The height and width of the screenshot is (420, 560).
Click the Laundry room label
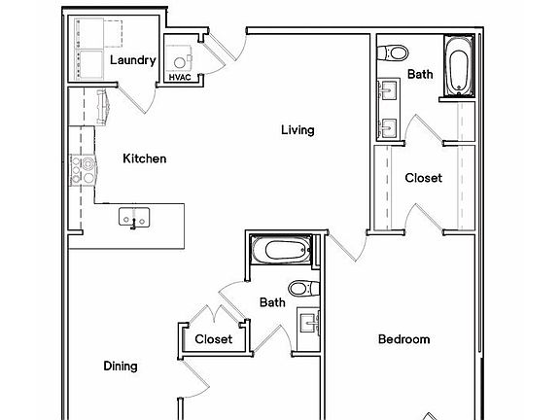coord(133,60)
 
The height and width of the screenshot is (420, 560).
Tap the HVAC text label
coord(179,77)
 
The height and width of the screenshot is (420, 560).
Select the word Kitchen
coord(144,158)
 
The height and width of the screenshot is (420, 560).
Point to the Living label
coord(297,129)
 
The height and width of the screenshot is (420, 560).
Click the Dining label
coord(121,367)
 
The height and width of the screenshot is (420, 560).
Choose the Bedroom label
coord(403,339)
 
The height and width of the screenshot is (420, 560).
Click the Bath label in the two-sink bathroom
coord(420,74)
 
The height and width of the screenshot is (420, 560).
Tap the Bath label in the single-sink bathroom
coord(272,302)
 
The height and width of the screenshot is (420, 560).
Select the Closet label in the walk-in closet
coord(423,178)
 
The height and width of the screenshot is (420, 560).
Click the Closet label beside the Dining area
coord(213,339)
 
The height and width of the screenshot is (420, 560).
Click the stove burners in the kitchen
coord(80,171)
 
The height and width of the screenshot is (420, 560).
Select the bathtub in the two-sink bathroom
coord(457,66)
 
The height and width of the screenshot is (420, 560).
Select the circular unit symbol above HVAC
coord(179,55)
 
